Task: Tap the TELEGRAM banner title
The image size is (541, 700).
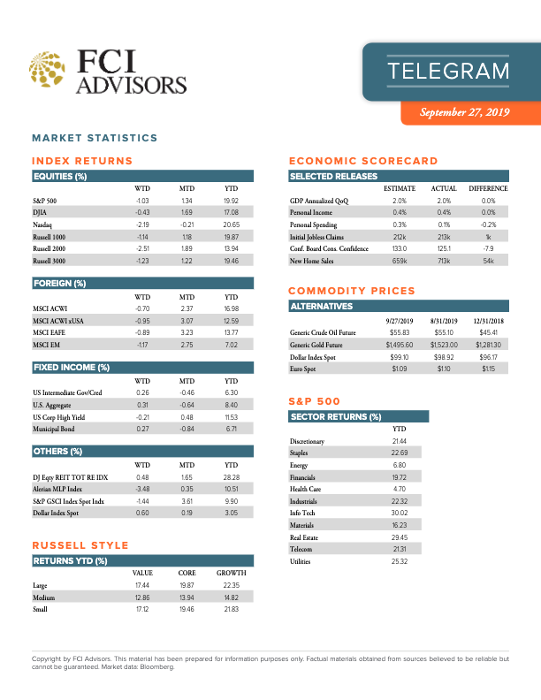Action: pyautogui.click(x=449, y=72)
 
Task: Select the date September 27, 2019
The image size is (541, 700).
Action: pyautogui.click(x=465, y=112)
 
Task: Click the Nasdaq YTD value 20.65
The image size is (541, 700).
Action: pyautogui.click(x=232, y=225)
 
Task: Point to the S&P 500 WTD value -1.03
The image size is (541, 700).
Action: pyautogui.click(x=141, y=202)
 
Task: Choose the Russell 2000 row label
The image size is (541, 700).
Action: pyautogui.click(x=50, y=250)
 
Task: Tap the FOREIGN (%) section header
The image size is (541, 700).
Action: pyautogui.click(x=61, y=283)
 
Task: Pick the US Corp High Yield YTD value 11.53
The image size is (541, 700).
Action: pyautogui.click(x=232, y=415)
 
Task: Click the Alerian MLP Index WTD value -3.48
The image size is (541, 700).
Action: pyautogui.click(x=141, y=488)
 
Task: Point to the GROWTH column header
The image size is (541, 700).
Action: pyautogui.click(x=231, y=573)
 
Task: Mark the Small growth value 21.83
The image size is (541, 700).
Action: pyautogui.click(x=232, y=610)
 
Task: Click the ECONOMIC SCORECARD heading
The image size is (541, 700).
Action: pyautogui.click(x=363, y=161)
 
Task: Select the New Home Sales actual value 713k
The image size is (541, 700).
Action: pyautogui.click(x=444, y=262)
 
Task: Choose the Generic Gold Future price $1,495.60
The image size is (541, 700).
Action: pyautogui.click(x=400, y=344)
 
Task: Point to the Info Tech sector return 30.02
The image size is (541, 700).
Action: pyautogui.click(x=399, y=513)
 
